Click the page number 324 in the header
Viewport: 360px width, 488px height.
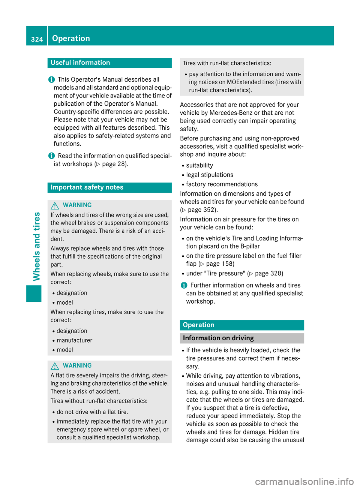tap(37, 39)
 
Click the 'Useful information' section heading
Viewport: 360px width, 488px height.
tap(80, 63)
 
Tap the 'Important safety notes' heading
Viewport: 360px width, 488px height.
tap(87, 187)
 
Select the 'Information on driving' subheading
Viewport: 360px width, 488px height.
tap(218, 338)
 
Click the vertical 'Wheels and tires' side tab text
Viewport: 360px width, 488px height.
tap(36, 246)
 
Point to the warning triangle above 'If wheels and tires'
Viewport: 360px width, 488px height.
tap(55, 205)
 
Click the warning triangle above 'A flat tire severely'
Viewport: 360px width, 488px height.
tap(55, 366)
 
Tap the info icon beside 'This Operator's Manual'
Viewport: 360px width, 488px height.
tap(51, 79)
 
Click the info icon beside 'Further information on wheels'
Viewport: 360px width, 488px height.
tap(184, 285)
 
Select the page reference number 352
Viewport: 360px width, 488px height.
tap(209, 210)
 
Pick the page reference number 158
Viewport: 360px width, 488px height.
tap(226, 264)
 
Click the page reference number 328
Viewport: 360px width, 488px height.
tap(274, 273)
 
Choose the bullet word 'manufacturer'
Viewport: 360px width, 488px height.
tap(74, 340)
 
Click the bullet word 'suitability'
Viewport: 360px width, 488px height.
tap(199, 165)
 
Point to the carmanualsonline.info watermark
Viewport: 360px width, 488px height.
tap(304, 481)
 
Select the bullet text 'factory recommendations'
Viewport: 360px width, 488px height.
tap(222, 184)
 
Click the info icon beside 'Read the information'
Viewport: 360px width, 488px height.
tap(51, 156)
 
